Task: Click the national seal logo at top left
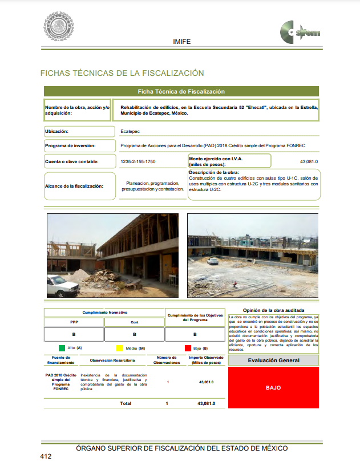point(59,26)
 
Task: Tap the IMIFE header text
point(181,42)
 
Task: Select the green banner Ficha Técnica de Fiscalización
point(181,91)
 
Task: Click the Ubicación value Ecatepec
point(130,131)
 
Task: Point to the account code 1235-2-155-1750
point(138,162)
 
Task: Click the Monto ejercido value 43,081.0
point(309,162)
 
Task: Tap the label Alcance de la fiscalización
point(75,186)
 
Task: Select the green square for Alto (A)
point(61,347)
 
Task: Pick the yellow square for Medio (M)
point(120,347)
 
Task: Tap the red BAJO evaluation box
point(273,388)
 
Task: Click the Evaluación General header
point(273,360)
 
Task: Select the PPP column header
point(74,322)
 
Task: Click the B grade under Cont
point(134,335)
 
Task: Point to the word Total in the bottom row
point(125,403)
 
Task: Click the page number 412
point(46,456)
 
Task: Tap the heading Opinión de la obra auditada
point(273,310)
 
